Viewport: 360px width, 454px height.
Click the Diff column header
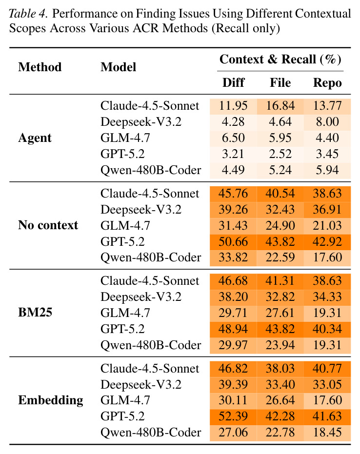pos(233,82)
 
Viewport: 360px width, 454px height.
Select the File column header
pos(280,82)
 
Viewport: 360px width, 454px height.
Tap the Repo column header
pos(327,83)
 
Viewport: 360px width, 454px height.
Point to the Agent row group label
pos(35,138)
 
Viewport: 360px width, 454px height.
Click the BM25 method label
pos(35,313)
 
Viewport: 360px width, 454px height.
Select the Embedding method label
pos(51,400)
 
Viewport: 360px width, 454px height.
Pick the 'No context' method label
pos(48,225)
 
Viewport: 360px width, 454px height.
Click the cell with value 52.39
pos(233,416)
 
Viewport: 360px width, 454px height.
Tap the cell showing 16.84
pos(280,106)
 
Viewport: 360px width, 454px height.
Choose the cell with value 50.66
pos(233,241)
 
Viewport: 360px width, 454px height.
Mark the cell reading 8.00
pos(327,121)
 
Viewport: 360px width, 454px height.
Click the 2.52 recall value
pos(280,154)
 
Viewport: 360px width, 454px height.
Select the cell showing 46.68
pos(233,281)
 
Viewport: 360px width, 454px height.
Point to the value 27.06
pos(233,432)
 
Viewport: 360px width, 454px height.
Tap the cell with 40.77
pos(327,368)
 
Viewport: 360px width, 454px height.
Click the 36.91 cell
pos(327,209)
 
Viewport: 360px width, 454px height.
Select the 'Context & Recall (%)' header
pos(280,59)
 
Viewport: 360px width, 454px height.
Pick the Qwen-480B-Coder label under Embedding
pos(151,433)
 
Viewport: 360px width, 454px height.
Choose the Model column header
pos(118,67)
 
